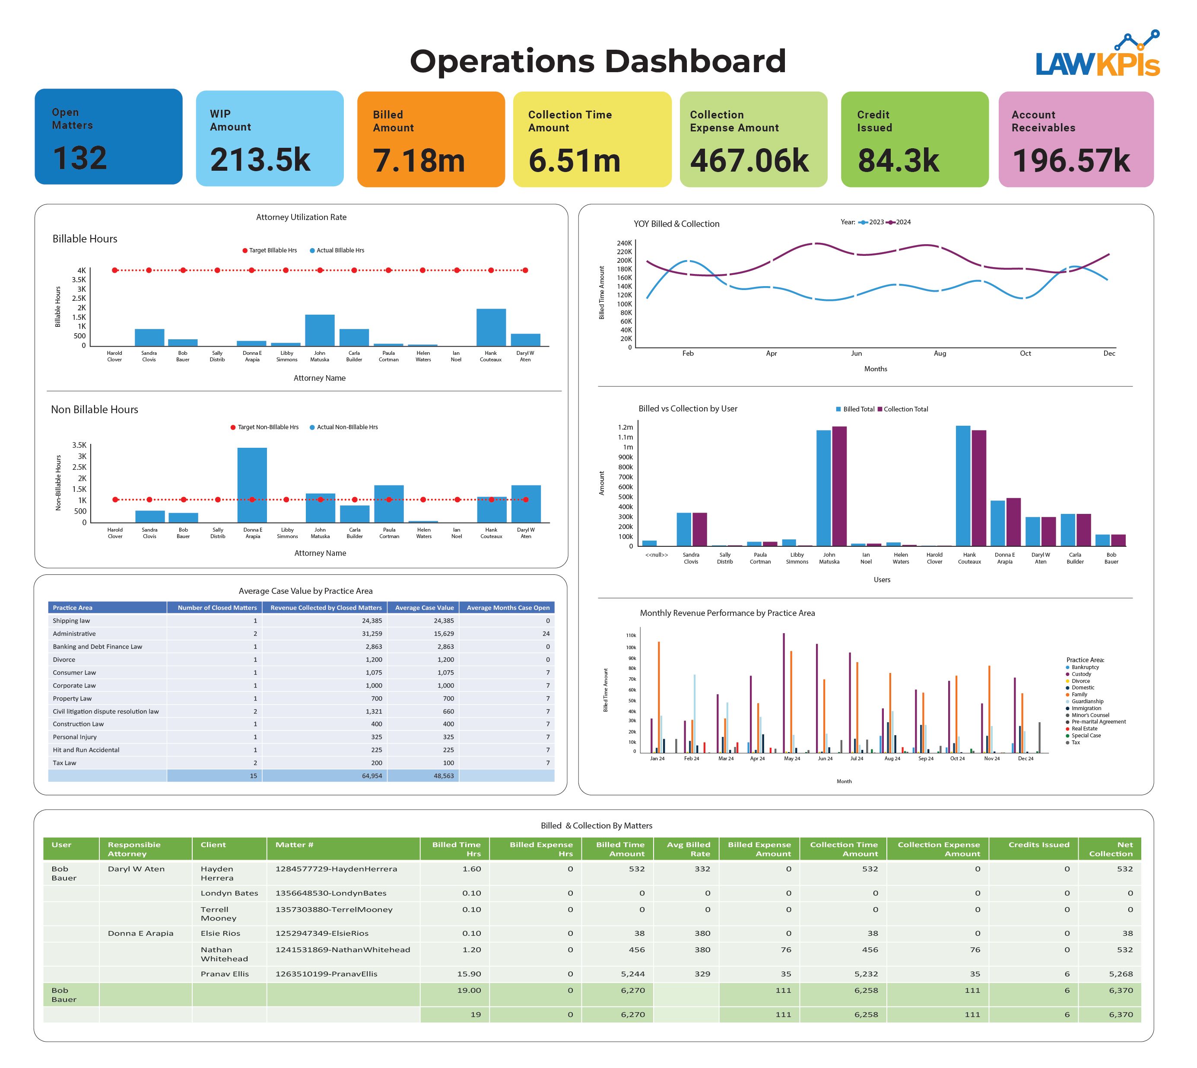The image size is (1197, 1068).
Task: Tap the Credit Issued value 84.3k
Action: tap(898, 160)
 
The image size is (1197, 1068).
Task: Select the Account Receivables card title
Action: tap(1043, 121)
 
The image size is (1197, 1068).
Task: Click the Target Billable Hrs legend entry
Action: tap(270, 251)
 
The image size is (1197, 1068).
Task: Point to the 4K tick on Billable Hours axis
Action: tap(82, 271)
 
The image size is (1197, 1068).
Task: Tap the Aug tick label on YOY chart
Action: tap(940, 353)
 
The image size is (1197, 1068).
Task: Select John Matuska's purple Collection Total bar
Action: tap(839, 486)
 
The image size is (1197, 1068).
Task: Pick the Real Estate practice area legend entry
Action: tap(1084, 729)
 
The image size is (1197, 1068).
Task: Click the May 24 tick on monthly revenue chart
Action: tap(792, 759)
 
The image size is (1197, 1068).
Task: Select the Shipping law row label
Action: tap(72, 621)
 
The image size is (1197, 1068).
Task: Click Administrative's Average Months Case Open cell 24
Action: tap(546, 634)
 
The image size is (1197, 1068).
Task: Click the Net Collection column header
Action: tap(1110, 849)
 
